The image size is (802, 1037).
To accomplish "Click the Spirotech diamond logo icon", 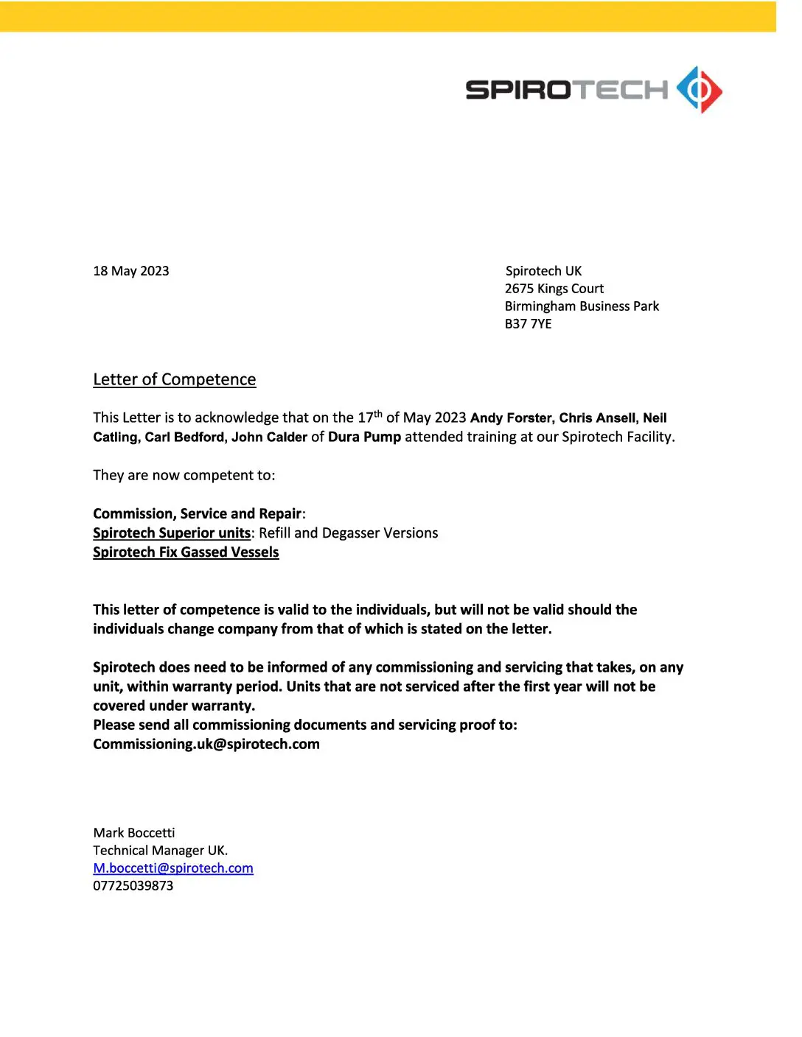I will (699, 90).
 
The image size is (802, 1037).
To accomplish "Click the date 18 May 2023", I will (131, 271).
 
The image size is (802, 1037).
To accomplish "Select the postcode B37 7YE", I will (528, 324).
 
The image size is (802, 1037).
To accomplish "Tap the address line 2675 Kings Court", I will (554, 289).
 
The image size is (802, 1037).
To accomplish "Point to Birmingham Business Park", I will (582, 306).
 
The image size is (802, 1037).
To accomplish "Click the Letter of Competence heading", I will (175, 379).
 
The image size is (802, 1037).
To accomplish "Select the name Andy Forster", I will (511, 418).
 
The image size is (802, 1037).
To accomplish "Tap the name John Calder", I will (269, 437).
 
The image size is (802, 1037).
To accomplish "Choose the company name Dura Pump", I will (364, 437).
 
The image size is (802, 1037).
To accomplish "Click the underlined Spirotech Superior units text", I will (172, 533).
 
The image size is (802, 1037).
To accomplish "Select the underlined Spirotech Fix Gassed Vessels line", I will (186, 552).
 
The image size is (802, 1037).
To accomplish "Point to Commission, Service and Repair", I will (198, 514).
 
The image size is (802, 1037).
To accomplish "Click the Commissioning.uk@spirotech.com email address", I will (206, 745).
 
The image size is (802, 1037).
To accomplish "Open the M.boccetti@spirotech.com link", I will (173, 868).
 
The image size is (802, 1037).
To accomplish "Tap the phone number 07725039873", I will (133, 886).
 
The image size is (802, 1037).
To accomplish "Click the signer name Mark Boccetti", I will (134, 833).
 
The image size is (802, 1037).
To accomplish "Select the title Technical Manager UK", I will (161, 851).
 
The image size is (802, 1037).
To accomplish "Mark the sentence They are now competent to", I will (184, 476).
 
